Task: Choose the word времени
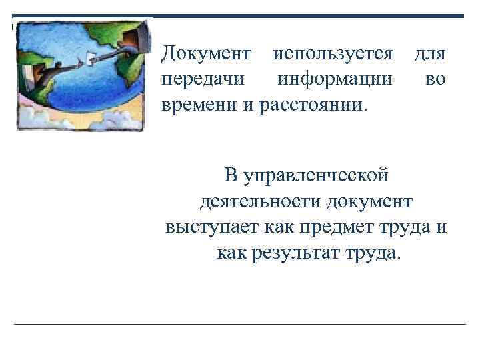coord(196,105)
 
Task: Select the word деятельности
coord(253,202)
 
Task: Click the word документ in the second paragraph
coord(375,202)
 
